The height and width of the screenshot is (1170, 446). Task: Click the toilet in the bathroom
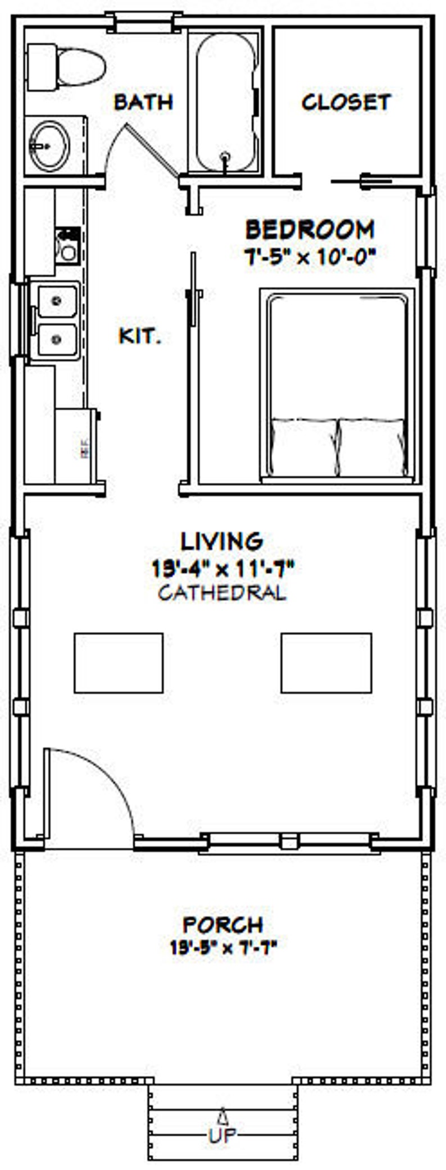67,67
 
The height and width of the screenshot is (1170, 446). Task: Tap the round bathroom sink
49,145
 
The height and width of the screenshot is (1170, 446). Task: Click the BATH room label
143,102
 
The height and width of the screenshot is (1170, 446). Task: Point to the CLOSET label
345,102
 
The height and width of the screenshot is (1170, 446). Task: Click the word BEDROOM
310,230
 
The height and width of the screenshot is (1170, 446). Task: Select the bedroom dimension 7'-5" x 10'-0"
310,257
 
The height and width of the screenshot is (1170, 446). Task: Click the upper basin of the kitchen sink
57,301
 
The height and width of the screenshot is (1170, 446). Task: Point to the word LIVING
222,541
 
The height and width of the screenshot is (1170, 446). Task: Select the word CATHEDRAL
222,593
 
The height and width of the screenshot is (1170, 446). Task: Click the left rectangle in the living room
119,662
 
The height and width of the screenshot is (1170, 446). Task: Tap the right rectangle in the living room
326,662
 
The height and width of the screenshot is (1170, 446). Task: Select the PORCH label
223,924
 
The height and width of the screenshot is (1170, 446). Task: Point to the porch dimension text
223,948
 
